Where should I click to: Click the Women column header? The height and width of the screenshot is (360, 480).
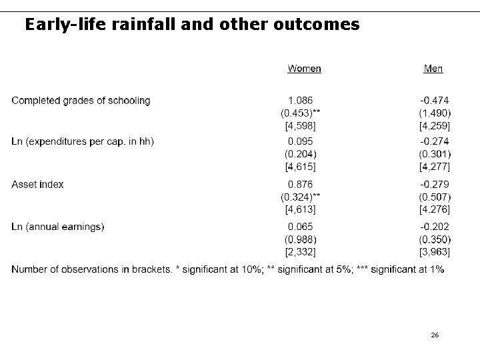[304, 68]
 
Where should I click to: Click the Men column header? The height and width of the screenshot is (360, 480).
[433, 68]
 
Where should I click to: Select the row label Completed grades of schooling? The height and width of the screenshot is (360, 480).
[81, 101]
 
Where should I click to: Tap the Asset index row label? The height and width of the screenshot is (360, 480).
[38, 185]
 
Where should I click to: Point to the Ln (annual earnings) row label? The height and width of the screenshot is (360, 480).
[58, 227]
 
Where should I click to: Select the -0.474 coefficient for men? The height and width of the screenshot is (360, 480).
[434, 101]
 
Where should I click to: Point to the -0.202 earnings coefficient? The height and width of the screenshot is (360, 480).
[434, 227]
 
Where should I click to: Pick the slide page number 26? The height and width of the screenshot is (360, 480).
[435, 335]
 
